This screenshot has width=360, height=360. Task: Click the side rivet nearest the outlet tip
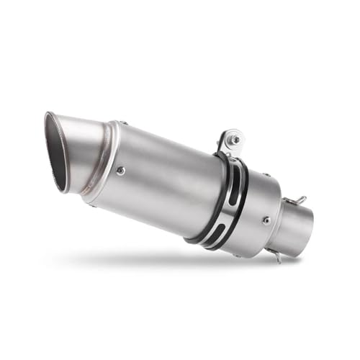tap(120, 171)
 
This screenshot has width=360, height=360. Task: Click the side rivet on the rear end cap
tap(266, 220)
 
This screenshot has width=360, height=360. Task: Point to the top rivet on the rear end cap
tap(264, 174)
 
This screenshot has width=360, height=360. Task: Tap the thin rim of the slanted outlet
tap(48, 130)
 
